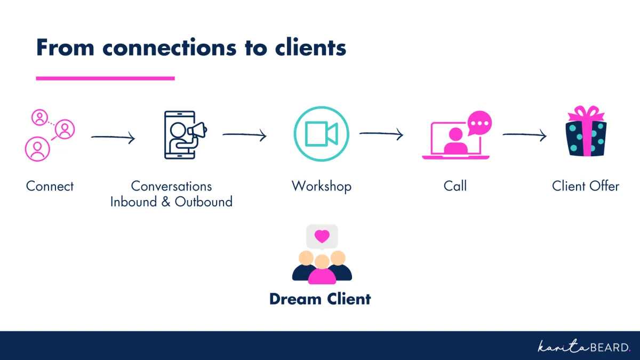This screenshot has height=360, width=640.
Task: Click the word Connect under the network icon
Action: point(50,186)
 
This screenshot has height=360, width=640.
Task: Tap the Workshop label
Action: point(321,186)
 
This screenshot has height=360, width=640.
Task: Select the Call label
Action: point(455,186)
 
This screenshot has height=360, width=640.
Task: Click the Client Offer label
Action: point(585,186)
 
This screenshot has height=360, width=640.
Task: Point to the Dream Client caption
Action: point(320,299)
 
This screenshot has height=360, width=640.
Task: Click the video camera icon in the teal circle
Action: point(321,134)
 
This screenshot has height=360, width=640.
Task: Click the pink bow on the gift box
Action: point(586,114)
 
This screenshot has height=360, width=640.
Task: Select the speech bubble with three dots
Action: point(479,123)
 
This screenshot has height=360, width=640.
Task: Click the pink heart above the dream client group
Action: point(322,236)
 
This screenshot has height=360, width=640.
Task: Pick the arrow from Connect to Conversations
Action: point(113,138)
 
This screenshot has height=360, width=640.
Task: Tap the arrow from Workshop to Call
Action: point(381,134)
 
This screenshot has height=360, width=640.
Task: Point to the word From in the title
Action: point(65,47)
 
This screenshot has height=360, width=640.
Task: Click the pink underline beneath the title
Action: point(105,78)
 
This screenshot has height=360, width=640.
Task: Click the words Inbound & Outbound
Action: point(171,202)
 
